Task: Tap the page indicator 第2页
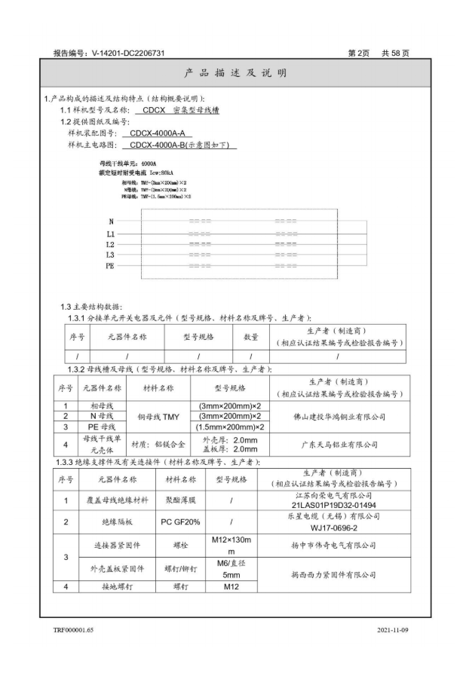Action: click(x=360, y=54)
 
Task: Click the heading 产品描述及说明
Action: click(x=231, y=74)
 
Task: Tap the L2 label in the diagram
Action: click(x=110, y=244)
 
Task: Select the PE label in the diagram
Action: click(x=110, y=266)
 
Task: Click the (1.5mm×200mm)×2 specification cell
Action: click(x=229, y=427)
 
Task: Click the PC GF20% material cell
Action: click(x=179, y=522)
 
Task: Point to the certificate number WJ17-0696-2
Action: click(x=336, y=527)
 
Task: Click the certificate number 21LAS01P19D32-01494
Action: click(x=336, y=505)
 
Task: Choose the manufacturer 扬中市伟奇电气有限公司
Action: click(x=336, y=544)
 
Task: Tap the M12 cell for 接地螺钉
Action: click(x=229, y=586)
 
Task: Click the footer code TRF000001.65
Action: click(x=74, y=627)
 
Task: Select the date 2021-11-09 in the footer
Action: click(x=391, y=627)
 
